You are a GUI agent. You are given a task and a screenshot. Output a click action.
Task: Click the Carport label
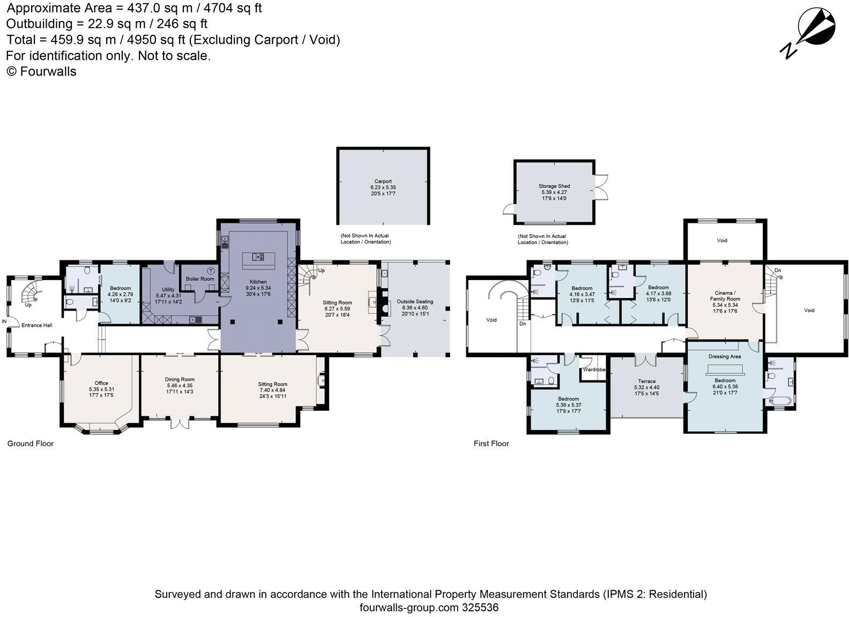tap(383, 181)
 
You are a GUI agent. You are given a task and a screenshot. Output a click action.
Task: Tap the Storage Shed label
tap(554, 186)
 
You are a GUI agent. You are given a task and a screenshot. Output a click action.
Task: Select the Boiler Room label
tap(200, 279)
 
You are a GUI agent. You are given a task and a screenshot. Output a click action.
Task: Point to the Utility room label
tap(168, 289)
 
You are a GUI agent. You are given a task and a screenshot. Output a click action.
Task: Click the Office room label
tap(101, 383)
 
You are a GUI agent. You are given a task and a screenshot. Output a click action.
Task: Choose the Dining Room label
tap(180, 379)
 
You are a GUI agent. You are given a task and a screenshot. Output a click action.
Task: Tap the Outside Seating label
tap(415, 302)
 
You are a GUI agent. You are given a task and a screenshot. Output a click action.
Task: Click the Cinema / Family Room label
tap(725, 296)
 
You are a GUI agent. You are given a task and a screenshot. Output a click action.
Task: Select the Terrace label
tap(646, 381)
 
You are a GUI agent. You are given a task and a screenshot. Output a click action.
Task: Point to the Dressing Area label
tap(725, 356)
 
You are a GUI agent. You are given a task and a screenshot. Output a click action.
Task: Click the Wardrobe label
tap(594, 370)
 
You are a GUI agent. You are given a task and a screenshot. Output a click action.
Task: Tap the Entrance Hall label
tap(37, 325)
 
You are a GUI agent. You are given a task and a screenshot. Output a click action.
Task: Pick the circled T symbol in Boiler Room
tap(211, 271)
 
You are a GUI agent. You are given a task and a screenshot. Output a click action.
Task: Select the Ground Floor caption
tap(31, 443)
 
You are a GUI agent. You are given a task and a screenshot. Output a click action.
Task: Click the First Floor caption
tap(491, 443)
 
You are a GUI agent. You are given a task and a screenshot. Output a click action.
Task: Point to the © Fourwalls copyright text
tap(41, 71)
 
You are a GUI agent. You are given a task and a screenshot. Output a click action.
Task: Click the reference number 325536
tap(480, 607)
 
